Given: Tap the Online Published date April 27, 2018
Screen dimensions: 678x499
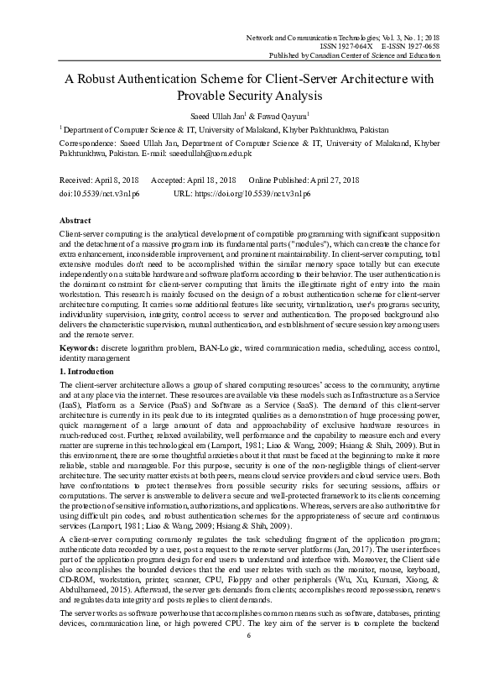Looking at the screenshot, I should pyautogui.click(x=330, y=181).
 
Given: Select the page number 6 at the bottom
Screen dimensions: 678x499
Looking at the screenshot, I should pyautogui.click(x=249, y=659).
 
